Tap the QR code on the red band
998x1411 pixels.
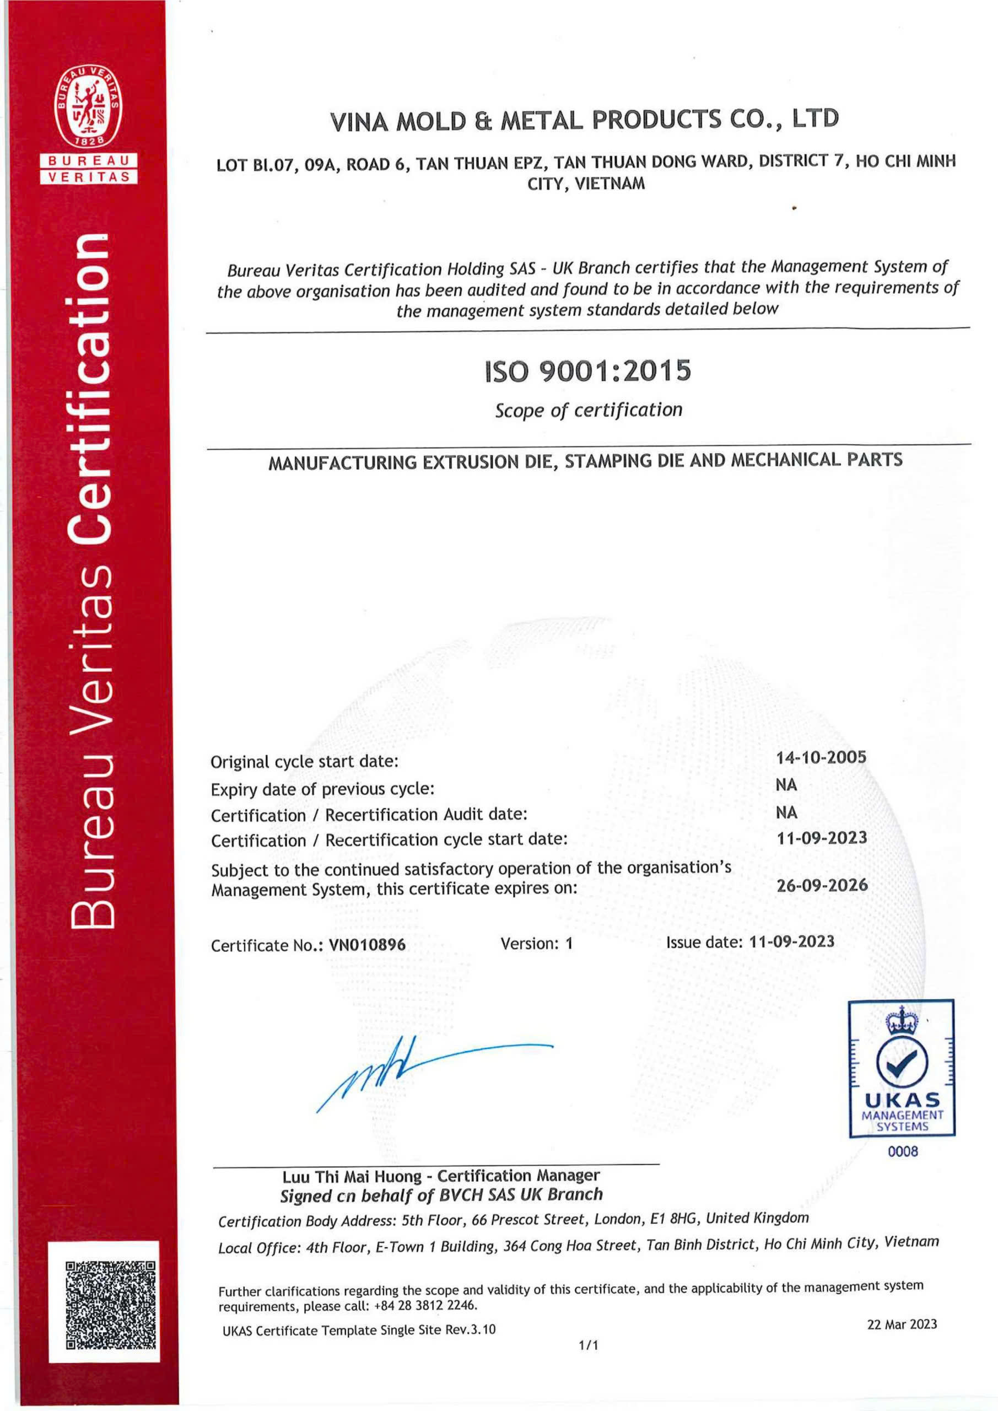[111, 1302]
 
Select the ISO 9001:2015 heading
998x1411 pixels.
[588, 371]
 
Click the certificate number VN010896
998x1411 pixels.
[368, 945]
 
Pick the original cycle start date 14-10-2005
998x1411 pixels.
[821, 757]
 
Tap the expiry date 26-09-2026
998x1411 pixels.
[822, 886]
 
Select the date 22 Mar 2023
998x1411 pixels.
[902, 1324]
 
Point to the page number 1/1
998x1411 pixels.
[588, 1345]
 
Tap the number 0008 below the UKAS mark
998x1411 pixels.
[902, 1151]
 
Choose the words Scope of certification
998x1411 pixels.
[589, 410]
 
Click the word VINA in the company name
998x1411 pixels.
[359, 122]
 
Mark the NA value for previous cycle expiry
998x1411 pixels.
[786, 785]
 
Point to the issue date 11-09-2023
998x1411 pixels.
[791, 941]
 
